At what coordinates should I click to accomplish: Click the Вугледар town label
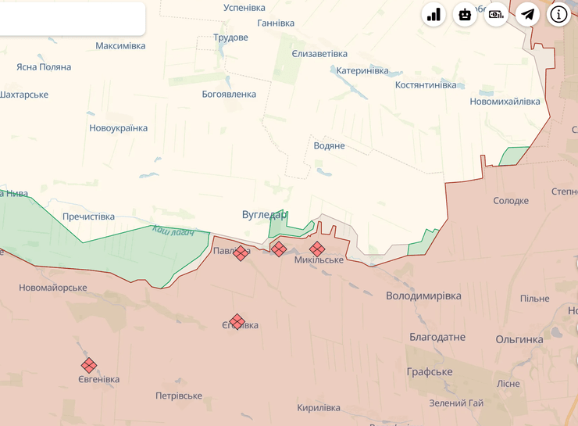265,214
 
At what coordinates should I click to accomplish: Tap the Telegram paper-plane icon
528,14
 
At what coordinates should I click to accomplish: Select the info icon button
558,14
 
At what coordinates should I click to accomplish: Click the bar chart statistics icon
433,14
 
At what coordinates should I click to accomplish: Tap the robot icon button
465,14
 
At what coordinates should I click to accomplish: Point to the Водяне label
329,146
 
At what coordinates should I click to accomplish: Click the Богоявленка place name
229,95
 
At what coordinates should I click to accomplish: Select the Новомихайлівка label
505,102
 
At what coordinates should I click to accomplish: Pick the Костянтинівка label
426,84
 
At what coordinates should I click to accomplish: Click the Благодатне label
437,338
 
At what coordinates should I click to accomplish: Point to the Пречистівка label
88,217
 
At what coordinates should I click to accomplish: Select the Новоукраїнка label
118,128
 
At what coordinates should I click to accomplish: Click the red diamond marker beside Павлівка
241,252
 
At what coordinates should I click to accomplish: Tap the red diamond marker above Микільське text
317,249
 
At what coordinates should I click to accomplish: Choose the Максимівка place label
120,46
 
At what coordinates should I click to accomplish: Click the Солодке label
511,201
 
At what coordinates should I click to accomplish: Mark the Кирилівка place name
319,408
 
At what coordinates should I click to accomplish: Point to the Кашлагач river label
173,231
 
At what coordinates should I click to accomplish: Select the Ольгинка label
519,339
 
